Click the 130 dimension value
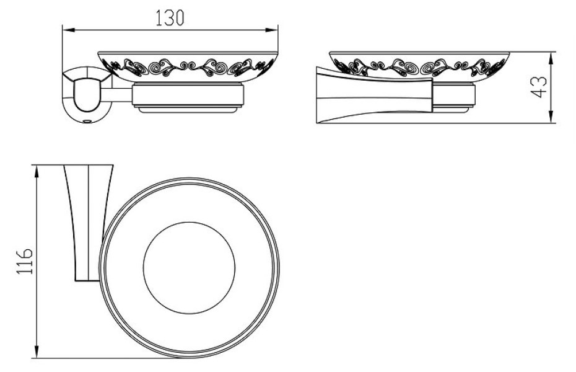pyautogui.click(x=170, y=18)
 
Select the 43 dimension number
pyautogui.click(x=539, y=87)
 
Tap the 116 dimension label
pyautogui.click(x=25, y=261)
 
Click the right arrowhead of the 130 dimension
pyautogui.click(x=271, y=30)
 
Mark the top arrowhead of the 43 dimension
pyautogui.click(x=551, y=59)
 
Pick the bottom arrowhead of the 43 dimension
pyautogui.click(x=551, y=117)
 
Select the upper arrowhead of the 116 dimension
pyautogui.click(x=36, y=172)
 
